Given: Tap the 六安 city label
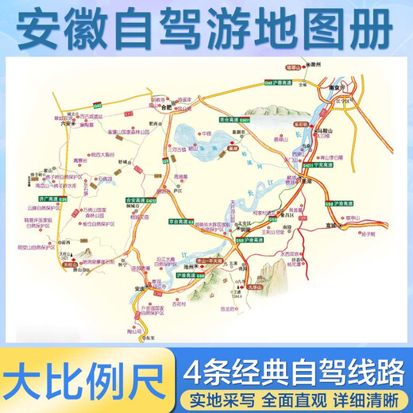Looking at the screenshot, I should click(x=68, y=123).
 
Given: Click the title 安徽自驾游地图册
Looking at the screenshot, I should click(x=206, y=28).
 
